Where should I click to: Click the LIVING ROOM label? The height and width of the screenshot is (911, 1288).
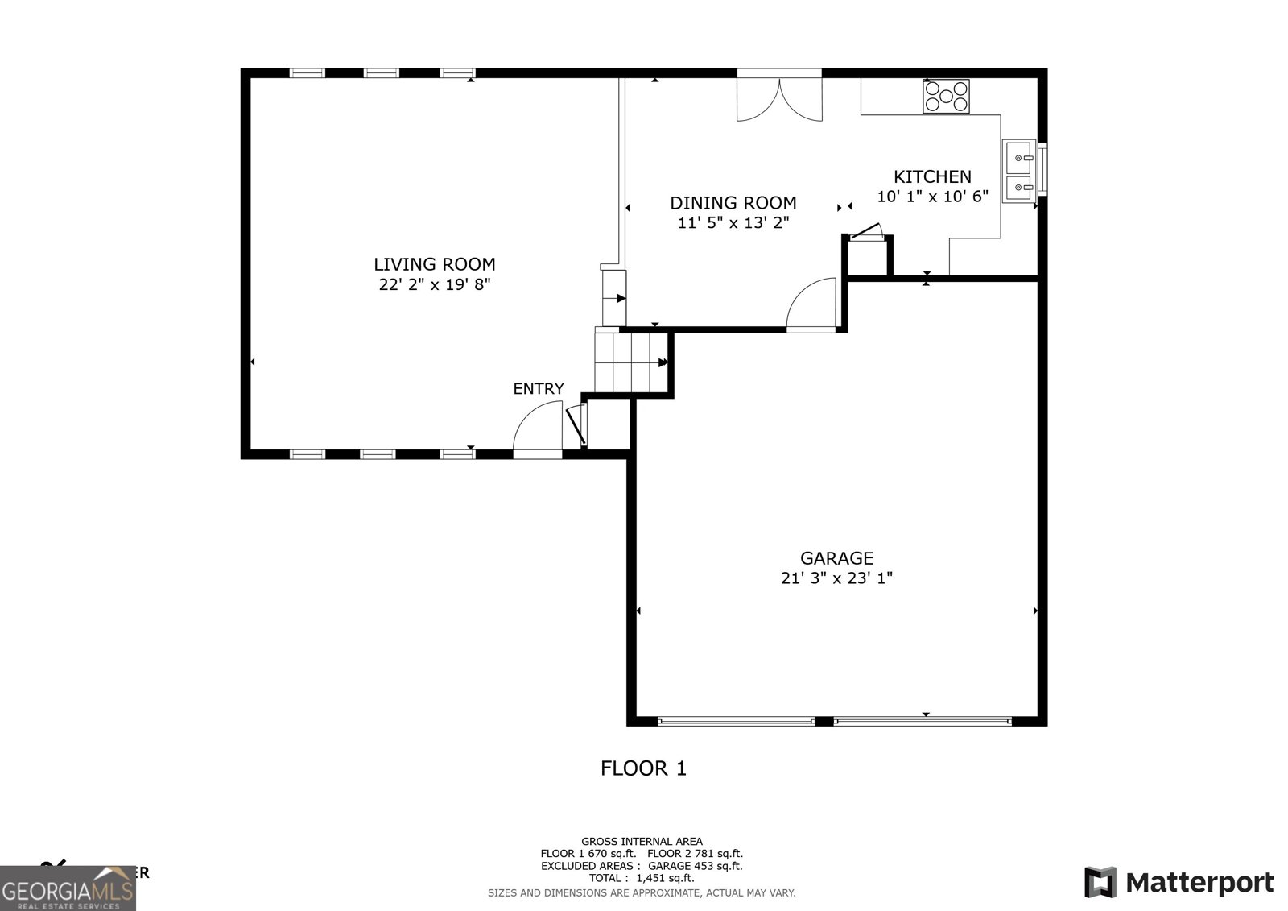pos(434,264)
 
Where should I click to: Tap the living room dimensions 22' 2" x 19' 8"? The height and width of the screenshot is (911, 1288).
pos(434,284)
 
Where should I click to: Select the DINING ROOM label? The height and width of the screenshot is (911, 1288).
pos(733,203)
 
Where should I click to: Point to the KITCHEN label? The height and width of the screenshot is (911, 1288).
pos(932,176)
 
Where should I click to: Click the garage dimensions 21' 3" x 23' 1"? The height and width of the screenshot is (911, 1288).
pos(836,578)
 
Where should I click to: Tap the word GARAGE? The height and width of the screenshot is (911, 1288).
pos(836,557)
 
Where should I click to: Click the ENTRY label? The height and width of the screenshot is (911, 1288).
pos(539,389)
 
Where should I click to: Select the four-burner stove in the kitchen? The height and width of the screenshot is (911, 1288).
pos(946,97)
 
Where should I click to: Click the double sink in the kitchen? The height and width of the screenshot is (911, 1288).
pos(1018,170)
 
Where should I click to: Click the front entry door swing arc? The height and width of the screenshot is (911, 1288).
pos(536,431)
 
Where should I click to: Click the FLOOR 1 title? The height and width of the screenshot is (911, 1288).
pos(643,768)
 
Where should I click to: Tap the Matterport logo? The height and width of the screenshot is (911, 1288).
pos(1179,882)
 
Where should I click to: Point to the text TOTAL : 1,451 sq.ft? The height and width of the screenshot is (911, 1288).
pos(641,878)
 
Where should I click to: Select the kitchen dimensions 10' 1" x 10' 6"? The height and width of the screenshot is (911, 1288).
pos(932,197)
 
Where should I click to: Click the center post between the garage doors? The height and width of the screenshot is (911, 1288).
pos(824,721)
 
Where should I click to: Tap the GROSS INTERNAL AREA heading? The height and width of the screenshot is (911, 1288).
pos(642,842)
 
